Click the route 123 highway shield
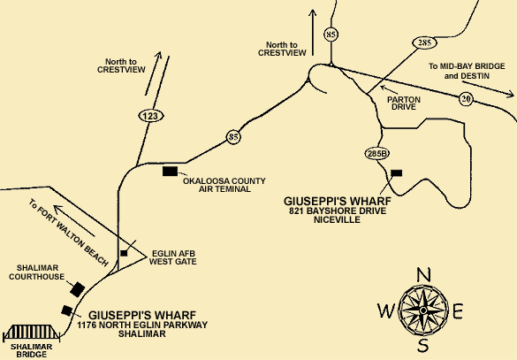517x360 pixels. [x=151, y=116]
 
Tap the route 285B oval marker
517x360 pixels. [x=377, y=153]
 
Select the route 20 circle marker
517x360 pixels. [x=466, y=99]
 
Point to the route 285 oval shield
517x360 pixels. [x=424, y=42]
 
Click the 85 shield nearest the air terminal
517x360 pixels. [x=233, y=136]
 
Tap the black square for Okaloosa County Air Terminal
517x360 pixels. [x=171, y=172]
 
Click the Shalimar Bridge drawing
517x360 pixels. [x=31, y=333]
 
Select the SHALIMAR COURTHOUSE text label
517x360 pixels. [x=37, y=272]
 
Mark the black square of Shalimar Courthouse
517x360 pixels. [x=78, y=289]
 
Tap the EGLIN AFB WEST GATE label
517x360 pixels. [x=172, y=257]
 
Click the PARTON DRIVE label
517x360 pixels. [x=404, y=103]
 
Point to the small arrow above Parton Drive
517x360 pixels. [x=389, y=89]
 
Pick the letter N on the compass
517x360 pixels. [x=423, y=275]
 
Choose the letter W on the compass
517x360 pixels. [x=386, y=310]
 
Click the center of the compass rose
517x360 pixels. [x=423, y=310]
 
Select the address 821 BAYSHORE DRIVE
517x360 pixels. [x=338, y=211]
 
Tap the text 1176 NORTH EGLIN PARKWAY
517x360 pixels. [x=142, y=325]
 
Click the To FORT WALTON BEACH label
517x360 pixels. [x=69, y=233]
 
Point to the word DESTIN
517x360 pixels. [x=475, y=76]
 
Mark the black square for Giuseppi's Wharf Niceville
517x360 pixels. [x=396, y=172]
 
